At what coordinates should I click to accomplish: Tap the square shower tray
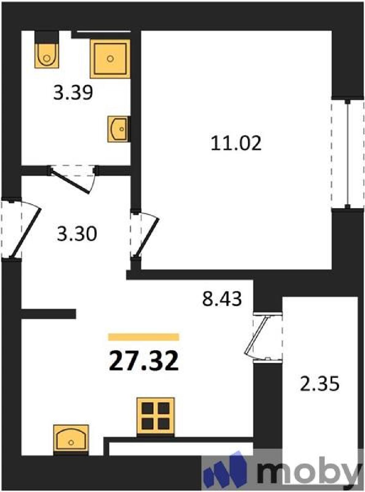(110, 59)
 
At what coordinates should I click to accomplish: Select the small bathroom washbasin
(119, 129)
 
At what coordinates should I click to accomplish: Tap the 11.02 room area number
(236, 143)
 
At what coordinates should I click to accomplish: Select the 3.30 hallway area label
(77, 234)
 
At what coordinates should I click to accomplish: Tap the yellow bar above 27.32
(144, 337)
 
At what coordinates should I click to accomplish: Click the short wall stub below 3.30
(49, 314)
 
